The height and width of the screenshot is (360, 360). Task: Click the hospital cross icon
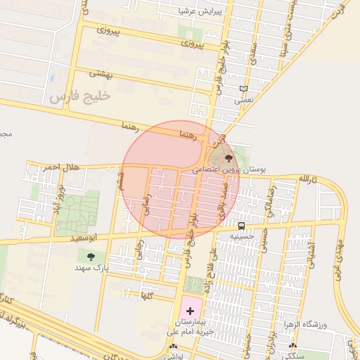click(x=190, y=310)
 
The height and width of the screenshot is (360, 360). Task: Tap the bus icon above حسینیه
click(x=241, y=226)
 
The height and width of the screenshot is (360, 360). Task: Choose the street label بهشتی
click(x=101, y=72)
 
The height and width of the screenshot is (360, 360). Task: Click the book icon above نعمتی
click(x=244, y=89)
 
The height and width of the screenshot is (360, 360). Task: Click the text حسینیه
click(x=242, y=236)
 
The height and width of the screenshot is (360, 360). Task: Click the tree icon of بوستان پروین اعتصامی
click(x=228, y=158)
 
